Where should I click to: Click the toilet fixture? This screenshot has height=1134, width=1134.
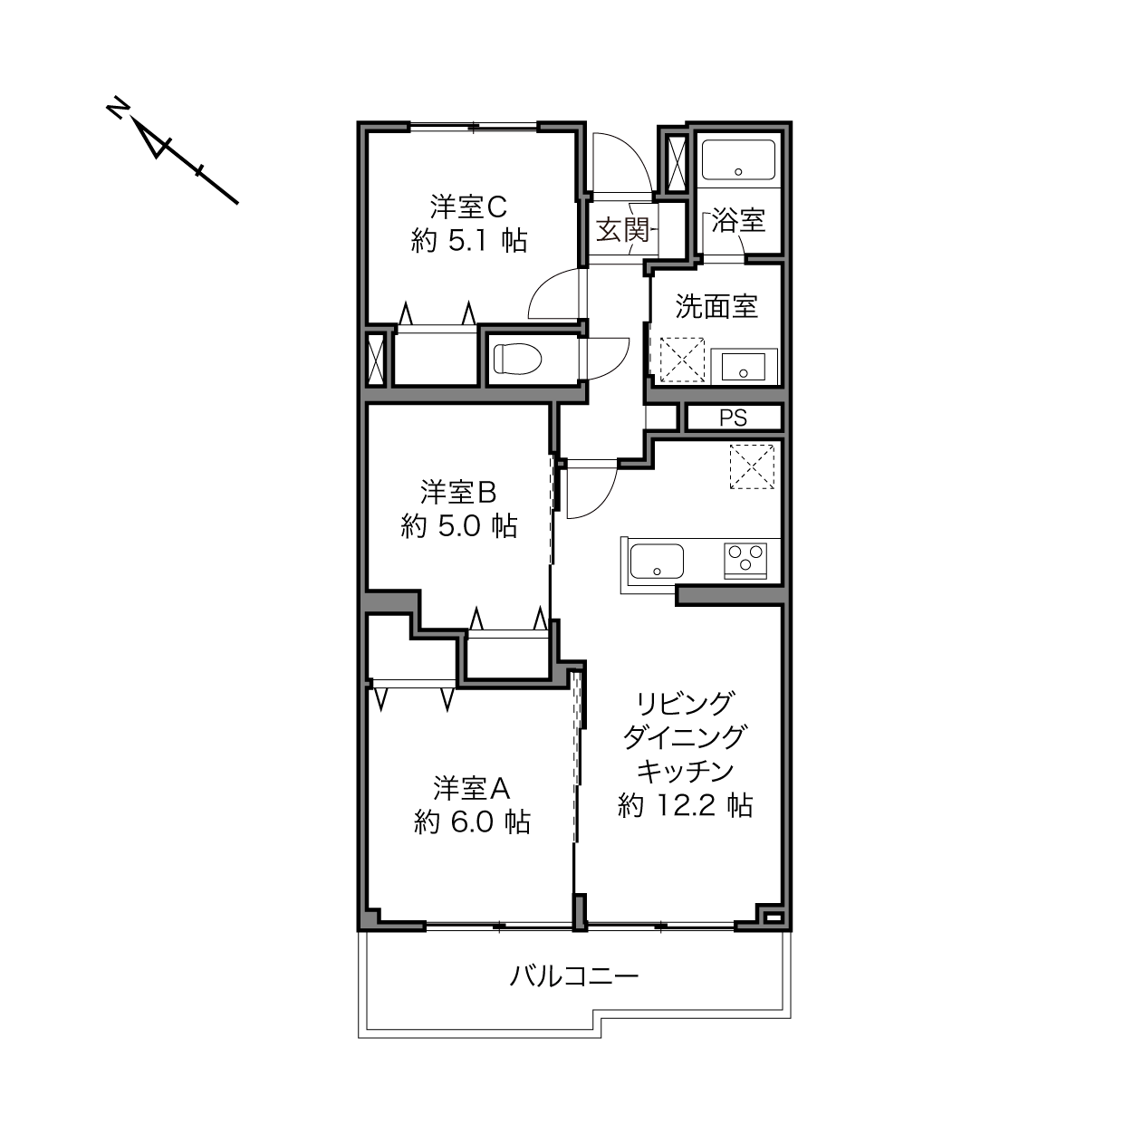point(517,359)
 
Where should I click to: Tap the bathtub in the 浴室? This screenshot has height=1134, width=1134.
point(738,159)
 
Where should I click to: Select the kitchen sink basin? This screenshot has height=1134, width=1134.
point(657,562)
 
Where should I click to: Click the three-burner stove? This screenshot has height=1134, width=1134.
point(745,559)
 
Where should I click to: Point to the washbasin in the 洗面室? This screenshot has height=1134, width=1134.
point(744,366)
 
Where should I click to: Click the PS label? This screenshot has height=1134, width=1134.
point(734,418)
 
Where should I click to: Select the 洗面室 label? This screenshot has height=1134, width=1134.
point(716,306)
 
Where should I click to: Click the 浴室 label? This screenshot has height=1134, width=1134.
point(738,220)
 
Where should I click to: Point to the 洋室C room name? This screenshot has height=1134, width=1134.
point(468,207)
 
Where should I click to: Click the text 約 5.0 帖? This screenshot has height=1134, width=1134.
point(459,525)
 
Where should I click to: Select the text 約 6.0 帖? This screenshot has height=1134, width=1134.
point(472,822)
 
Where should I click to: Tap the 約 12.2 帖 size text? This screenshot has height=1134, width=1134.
point(685,804)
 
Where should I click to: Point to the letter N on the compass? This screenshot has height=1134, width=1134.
point(118,107)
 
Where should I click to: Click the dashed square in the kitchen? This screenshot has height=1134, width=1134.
point(752,466)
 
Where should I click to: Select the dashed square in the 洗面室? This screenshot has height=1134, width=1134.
point(682,360)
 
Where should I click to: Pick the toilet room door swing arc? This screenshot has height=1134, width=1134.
point(618,365)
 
